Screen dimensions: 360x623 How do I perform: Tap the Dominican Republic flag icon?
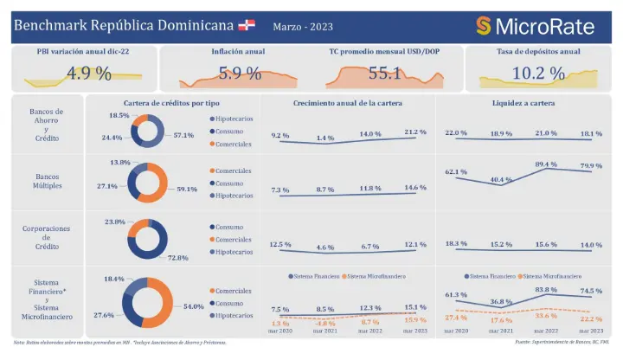click(247, 24)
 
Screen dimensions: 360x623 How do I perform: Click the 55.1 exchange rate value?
click(385, 74)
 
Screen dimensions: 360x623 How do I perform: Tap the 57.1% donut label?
click(183, 136)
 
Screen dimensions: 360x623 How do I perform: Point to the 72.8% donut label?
click(179, 258)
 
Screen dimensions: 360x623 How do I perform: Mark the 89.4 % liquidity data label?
click(546, 164)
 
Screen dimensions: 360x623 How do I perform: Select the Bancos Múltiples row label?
click(47, 181)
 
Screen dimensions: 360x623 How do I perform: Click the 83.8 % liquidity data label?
click(546, 290)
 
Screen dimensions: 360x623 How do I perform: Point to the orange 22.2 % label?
click(591, 320)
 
